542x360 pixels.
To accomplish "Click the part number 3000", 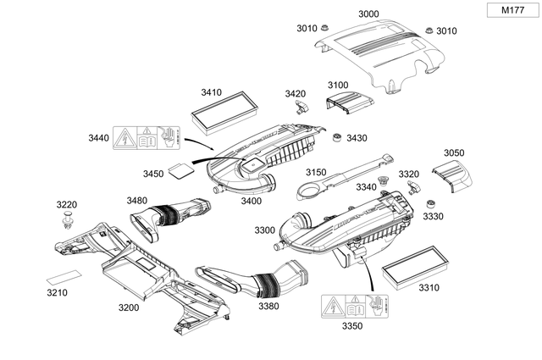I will [368, 14].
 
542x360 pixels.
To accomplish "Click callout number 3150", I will [316, 172].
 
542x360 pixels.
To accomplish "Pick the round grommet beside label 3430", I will [337, 137].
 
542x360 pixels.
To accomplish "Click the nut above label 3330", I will [430, 203].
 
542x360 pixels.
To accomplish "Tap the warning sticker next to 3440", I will [142, 137].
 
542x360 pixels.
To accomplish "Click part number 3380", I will [268, 306].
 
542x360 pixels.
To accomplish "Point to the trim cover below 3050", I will [452, 176].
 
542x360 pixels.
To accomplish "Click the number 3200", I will [129, 307].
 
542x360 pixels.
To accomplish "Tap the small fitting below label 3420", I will [300, 108].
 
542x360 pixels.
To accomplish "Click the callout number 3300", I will [264, 230].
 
